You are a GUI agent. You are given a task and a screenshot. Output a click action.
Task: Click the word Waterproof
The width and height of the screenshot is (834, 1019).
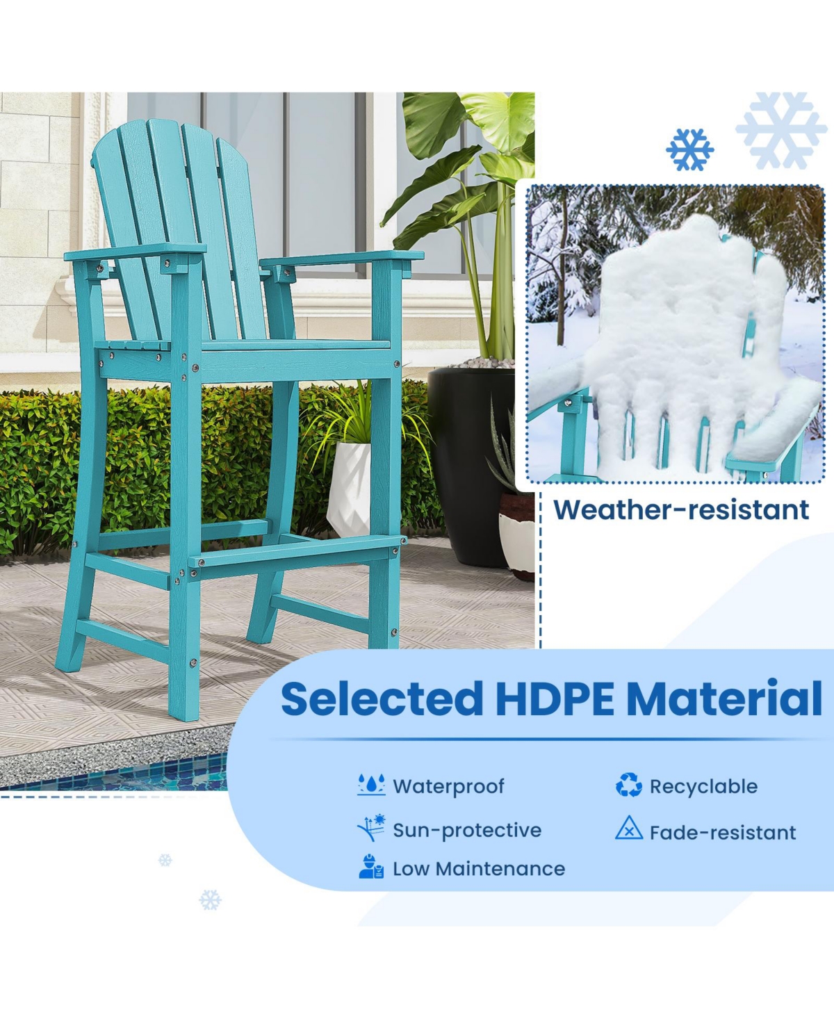(448, 786)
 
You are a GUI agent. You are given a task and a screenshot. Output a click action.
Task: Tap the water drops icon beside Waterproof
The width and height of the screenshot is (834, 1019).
(371, 785)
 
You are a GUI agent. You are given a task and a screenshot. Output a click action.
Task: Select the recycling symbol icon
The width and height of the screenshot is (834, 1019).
(628, 785)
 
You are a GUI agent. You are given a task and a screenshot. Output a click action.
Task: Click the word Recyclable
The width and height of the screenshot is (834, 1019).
(703, 786)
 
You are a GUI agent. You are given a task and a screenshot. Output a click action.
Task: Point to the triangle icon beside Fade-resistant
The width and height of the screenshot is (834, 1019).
(628, 829)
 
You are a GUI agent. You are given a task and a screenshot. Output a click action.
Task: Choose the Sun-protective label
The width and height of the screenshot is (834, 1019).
(467, 830)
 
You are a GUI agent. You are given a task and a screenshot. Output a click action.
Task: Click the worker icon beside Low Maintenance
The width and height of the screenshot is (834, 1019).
(371, 867)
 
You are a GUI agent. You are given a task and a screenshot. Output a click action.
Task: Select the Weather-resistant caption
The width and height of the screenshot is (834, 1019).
(681, 509)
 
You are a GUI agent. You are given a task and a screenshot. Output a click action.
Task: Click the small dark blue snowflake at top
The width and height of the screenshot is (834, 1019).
(689, 149)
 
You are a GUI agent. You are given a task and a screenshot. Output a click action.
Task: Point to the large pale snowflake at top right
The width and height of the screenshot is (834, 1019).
(781, 129)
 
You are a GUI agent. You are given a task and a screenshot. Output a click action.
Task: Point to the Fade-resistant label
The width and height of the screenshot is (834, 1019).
(723, 832)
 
